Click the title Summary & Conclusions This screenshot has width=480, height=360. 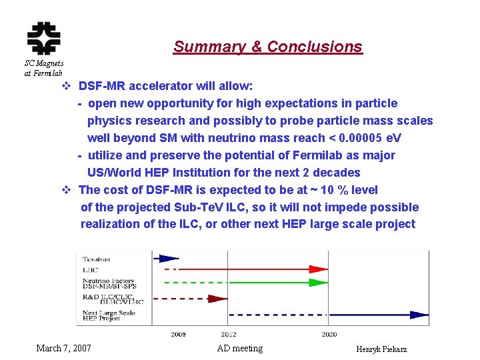[x=267, y=47]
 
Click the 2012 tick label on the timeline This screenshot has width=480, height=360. [x=229, y=333]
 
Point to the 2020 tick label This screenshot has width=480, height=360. [x=329, y=333]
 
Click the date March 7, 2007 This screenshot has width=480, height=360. [x=64, y=348]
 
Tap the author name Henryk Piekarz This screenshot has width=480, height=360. [x=382, y=349]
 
